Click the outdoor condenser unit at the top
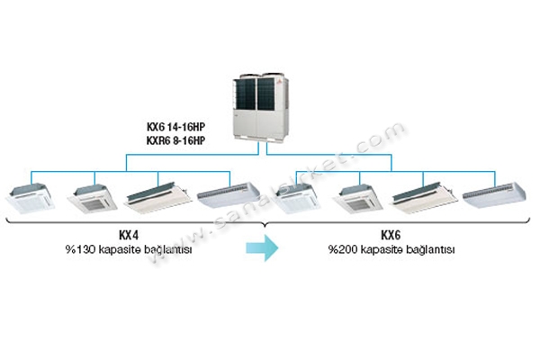[x=260, y=106]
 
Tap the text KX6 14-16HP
[x=175, y=127]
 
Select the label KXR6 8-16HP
[x=175, y=140]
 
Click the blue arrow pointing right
[x=262, y=247]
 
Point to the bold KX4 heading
[x=129, y=235]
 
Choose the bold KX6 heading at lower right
[x=391, y=235]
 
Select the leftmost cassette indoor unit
[x=31, y=199]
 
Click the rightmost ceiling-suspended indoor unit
[x=494, y=195]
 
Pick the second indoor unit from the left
[x=92, y=199]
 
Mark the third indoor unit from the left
[x=157, y=197]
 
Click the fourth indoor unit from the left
[x=229, y=195]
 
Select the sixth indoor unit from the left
[x=357, y=199]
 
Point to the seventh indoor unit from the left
[x=423, y=197]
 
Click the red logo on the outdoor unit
[x=279, y=82]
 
